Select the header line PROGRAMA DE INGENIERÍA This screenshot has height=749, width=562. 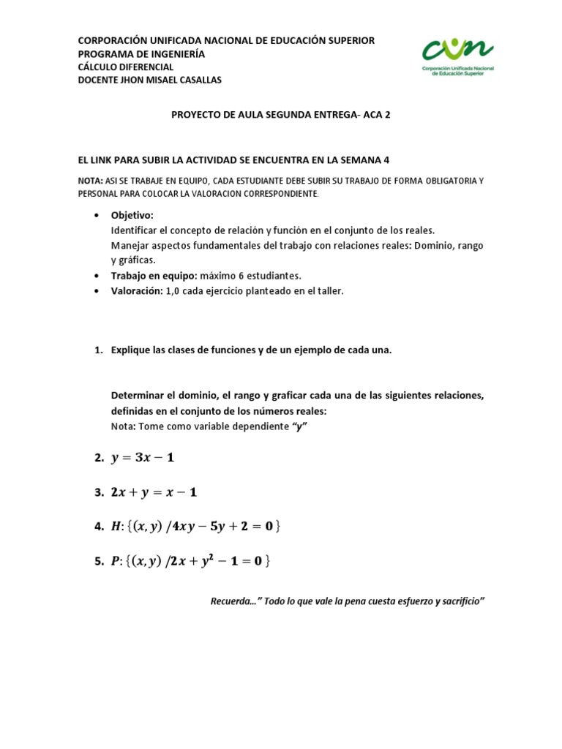pyautogui.click(x=142, y=54)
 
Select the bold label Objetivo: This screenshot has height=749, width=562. pyautogui.click(x=132, y=216)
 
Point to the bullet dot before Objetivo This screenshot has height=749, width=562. pyautogui.click(x=97, y=217)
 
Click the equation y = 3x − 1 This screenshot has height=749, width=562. pyautogui.click(x=143, y=458)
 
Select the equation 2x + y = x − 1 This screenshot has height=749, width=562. pyautogui.click(x=154, y=492)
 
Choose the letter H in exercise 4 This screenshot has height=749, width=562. pyautogui.click(x=115, y=527)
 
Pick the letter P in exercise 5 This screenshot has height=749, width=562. pyautogui.click(x=115, y=561)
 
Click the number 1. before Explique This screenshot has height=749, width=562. pyautogui.click(x=100, y=350)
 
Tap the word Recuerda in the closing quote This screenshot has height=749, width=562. pyautogui.click(x=228, y=601)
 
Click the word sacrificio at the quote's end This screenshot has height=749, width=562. pyautogui.click(x=458, y=601)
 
